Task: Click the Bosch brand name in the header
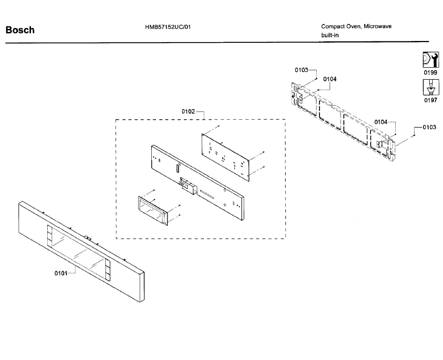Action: coord(20,30)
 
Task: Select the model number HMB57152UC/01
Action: coord(168,27)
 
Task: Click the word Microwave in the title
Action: coord(378,26)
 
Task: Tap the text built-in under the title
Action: coord(330,35)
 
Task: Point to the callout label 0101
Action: coord(61,273)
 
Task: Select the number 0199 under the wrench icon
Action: coord(430,73)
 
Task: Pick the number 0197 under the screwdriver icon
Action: coord(430,100)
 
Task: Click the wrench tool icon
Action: coord(430,60)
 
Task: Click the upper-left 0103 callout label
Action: coord(301,70)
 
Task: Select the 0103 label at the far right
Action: coord(429,127)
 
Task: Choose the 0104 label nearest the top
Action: coord(330,79)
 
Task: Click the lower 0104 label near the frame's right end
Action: coord(381,122)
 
